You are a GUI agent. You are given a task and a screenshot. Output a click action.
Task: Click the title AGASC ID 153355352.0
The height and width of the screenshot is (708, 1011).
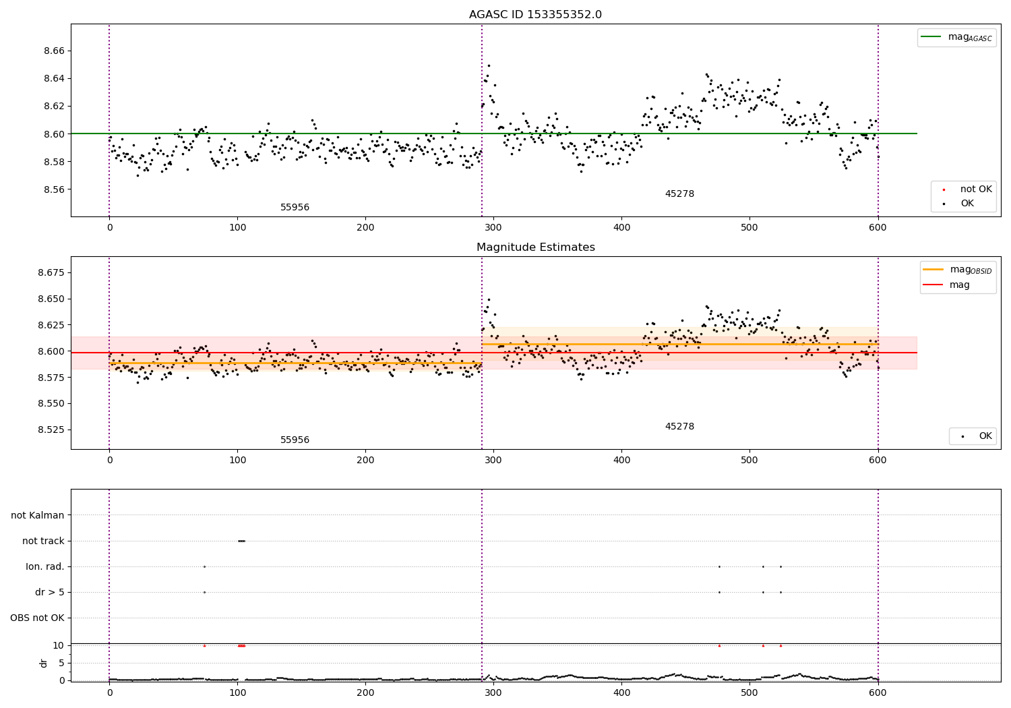(x=535, y=15)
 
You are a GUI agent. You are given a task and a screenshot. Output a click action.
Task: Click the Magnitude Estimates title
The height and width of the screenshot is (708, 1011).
(x=535, y=247)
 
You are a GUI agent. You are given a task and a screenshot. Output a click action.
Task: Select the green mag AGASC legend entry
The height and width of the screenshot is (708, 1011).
(x=956, y=37)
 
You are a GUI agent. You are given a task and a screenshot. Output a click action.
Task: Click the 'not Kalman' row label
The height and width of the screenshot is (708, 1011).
(x=38, y=515)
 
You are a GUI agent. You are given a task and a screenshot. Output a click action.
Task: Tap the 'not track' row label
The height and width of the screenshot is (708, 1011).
(x=43, y=541)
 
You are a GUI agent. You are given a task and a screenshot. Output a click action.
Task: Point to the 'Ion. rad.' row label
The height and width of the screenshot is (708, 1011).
(x=45, y=566)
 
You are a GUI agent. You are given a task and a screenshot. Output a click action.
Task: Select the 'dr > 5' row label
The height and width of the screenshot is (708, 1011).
(x=50, y=592)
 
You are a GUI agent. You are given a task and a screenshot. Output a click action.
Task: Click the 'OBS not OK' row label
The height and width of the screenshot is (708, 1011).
(x=37, y=618)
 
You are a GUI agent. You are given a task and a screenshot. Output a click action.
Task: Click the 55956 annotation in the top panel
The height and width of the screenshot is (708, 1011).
(x=295, y=208)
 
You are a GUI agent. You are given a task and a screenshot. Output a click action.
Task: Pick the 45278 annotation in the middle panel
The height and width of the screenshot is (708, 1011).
(x=679, y=427)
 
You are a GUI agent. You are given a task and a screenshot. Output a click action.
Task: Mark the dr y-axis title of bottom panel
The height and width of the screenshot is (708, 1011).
(x=44, y=663)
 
